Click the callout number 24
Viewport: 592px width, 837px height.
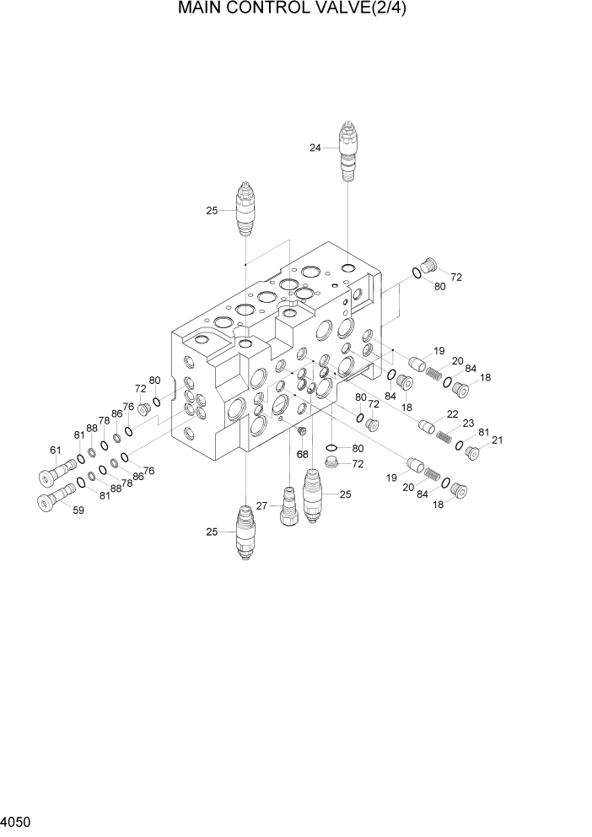point(315,148)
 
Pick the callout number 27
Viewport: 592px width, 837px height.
point(262,505)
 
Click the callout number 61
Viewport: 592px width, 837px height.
point(56,450)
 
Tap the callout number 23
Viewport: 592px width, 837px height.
point(468,423)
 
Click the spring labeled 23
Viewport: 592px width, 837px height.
point(444,435)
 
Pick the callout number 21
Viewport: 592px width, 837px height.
point(497,440)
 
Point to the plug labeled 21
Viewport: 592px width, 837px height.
point(473,454)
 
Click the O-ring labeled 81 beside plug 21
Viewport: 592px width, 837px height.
point(459,445)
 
